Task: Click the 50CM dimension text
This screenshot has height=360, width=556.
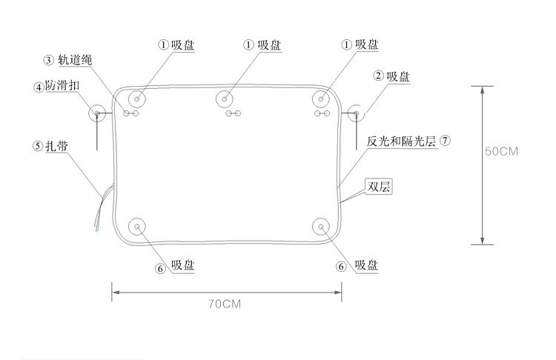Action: click(501, 151)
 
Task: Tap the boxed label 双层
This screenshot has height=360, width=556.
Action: click(379, 187)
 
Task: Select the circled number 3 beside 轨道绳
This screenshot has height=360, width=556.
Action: click(48, 60)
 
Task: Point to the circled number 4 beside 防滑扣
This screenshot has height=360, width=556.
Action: click(38, 87)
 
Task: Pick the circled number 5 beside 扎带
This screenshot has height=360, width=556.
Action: click(38, 146)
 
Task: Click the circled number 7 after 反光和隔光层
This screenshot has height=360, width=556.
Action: click(445, 139)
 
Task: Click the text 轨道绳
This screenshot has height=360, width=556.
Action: click(74, 60)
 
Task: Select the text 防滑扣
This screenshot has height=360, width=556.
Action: click(62, 87)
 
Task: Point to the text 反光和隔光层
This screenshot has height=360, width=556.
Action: click(403, 139)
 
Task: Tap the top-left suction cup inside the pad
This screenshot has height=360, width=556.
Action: click(138, 99)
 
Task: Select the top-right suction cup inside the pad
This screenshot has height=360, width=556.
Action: click(322, 99)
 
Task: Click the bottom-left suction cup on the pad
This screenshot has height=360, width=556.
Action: click(138, 227)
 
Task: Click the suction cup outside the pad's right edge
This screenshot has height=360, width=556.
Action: click(356, 113)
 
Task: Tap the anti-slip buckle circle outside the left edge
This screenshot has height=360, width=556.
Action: click(97, 113)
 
